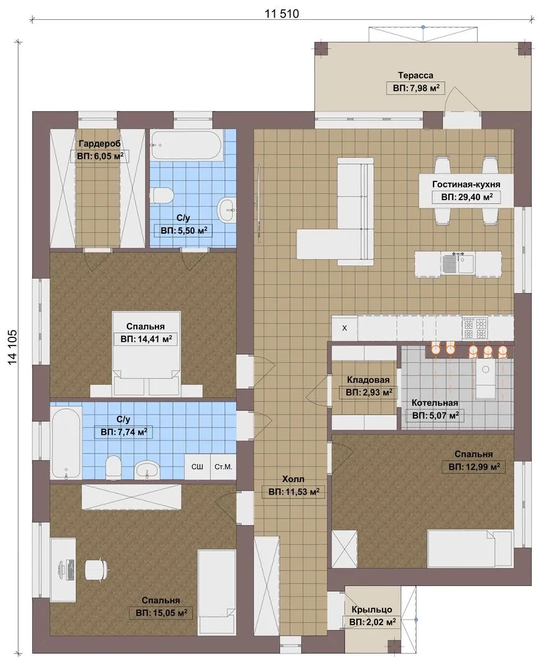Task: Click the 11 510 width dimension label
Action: click(281, 14)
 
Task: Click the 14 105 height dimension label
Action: click(12, 347)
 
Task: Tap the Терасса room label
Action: click(415, 75)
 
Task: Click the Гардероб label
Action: click(99, 144)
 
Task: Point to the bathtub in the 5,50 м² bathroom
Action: click(187, 146)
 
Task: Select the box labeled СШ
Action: click(197, 467)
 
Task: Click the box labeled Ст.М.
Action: click(223, 467)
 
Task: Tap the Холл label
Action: click(294, 479)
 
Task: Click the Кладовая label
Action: click(368, 380)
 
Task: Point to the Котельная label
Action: click(435, 403)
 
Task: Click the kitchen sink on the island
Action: click(458, 263)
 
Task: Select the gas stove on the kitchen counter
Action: click(475, 328)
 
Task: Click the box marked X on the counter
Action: click(345, 328)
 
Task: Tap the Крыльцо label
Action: click(372, 609)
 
